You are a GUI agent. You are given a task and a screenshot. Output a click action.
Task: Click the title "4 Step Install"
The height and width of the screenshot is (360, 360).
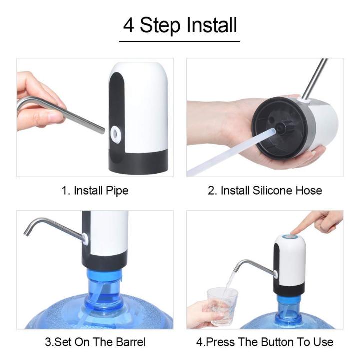(180, 25)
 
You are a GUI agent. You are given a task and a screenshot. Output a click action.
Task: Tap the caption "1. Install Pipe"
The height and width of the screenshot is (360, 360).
(95, 190)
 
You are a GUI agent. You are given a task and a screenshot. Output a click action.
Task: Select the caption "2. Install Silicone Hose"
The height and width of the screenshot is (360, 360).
(265, 190)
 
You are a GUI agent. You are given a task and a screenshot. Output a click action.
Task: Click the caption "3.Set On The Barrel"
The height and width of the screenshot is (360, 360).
(95, 342)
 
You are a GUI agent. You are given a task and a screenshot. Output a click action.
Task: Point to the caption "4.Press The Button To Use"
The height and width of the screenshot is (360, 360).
(265, 342)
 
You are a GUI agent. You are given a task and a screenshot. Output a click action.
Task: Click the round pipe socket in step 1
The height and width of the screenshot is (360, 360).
(116, 133)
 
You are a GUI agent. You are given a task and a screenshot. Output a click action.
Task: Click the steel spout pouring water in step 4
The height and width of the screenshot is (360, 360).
(250, 264)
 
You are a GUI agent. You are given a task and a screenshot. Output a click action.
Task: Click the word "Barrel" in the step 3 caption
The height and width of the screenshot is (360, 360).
(130, 342)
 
